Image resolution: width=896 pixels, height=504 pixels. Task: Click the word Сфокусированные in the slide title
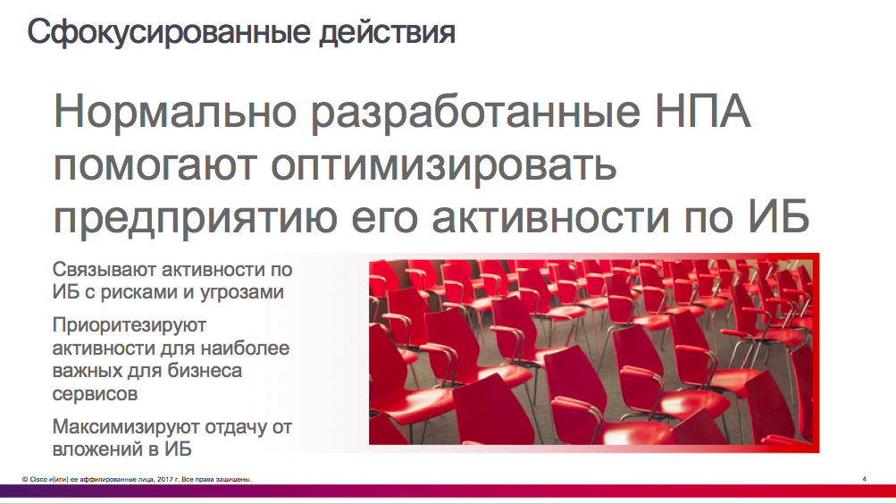click(169, 33)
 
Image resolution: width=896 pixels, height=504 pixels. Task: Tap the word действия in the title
click(387, 33)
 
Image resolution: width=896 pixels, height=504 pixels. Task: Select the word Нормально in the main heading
click(175, 111)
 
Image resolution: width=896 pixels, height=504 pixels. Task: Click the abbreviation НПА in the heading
click(702, 111)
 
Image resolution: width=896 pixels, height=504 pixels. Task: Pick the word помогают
click(155, 165)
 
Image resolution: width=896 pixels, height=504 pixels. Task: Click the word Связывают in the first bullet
click(104, 269)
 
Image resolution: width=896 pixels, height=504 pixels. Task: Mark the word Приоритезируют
click(130, 325)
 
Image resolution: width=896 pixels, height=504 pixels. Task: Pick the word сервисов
click(95, 394)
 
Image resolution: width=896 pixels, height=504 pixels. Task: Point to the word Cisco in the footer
click(38, 480)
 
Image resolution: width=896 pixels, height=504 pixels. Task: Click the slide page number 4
click(864, 479)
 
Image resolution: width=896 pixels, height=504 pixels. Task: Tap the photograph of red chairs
click(590, 353)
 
